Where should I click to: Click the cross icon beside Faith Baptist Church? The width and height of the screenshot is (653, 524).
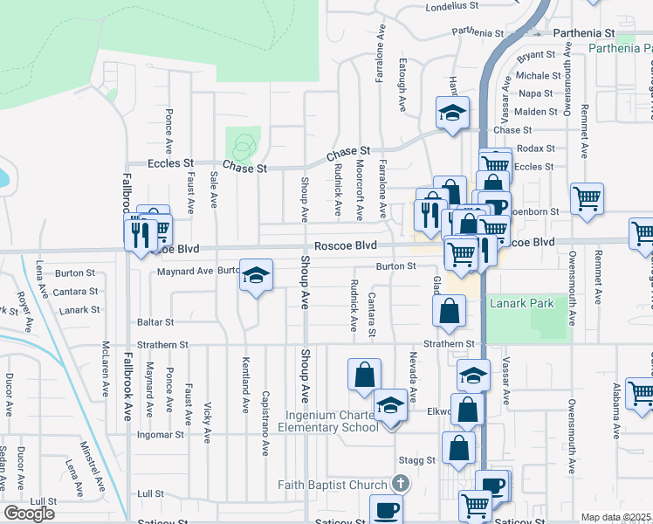pos(400,483)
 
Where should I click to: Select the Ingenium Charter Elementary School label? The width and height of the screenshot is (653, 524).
pos(327,420)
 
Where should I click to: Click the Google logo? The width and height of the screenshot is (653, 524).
pos(29,514)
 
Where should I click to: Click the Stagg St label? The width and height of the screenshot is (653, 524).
pos(416,459)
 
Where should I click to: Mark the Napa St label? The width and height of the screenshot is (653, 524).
pos(536,93)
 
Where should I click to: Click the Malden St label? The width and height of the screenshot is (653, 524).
pos(536,112)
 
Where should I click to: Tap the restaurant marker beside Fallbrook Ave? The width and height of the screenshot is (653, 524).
pos(140,234)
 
